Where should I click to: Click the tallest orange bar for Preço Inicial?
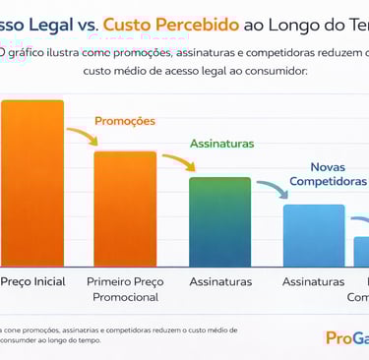click(x=31, y=182)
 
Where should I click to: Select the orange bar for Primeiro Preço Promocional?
click(x=124, y=209)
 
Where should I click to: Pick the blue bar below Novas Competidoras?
click(x=313, y=236)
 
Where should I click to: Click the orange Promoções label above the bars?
click(x=125, y=121)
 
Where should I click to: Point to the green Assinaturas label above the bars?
click(x=222, y=143)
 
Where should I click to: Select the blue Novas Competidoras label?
click(x=329, y=173)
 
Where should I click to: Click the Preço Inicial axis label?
click(x=33, y=281)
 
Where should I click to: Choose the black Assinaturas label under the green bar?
click(x=219, y=281)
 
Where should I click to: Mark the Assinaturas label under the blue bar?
click(x=313, y=281)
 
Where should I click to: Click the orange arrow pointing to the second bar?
click(x=79, y=139)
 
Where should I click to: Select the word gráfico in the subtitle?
click(x=32, y=52)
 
